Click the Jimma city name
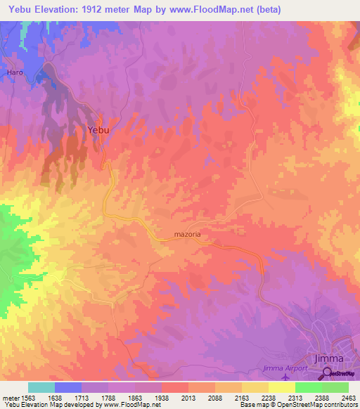(x=330, y=358)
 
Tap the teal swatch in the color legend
(x=41, y=387)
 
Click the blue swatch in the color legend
(x=68, y=387)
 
